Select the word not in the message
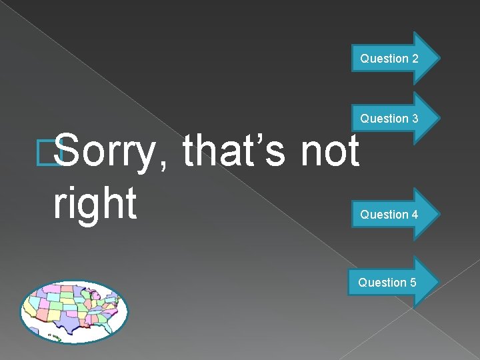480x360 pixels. point(329,151)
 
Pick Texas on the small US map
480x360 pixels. point(67,322)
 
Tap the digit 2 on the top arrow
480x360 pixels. point(415,59)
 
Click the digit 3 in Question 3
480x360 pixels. point(415,119)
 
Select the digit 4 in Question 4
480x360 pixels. point(415,215)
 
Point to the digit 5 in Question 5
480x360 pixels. point(413,283)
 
